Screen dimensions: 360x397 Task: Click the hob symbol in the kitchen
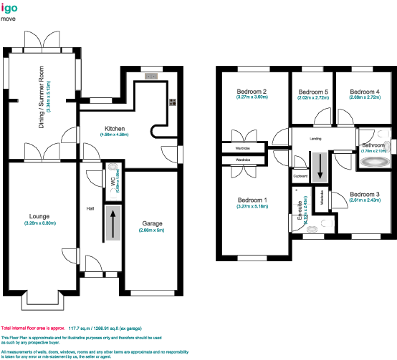point(173,101)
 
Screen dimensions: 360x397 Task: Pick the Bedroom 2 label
point(252,92)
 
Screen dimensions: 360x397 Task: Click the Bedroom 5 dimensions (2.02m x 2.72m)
point(313,98)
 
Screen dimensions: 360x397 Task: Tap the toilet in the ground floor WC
point(115,168)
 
